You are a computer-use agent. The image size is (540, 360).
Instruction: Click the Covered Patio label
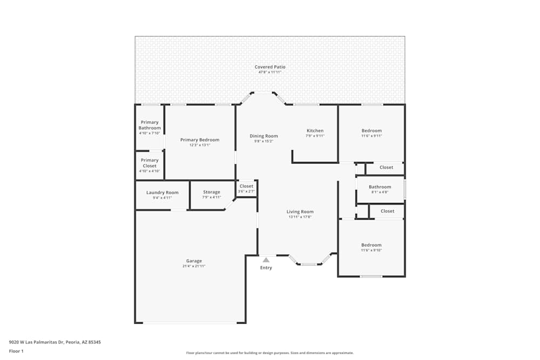[x=270, y=67]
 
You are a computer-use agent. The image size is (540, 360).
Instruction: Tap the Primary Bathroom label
[x=150, y=125]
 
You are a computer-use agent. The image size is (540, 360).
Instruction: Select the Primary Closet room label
[x=150, y=163]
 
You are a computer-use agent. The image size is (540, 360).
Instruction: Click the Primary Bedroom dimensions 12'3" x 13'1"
[x=200, y=145]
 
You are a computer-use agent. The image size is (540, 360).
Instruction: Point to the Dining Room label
[x=264, y=136]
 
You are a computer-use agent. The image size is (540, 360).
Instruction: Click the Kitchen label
[x=315, y=131]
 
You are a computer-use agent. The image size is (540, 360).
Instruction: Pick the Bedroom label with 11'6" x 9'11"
[x=372, y=131]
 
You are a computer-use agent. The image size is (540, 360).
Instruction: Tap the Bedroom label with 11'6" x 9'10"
[x=372, y=245]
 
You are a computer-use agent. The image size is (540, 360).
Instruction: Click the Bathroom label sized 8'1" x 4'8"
[x=380, y=187]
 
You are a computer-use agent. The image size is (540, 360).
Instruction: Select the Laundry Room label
[x=162, y=193]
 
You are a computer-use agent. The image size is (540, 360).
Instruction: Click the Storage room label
[x=212, y=192]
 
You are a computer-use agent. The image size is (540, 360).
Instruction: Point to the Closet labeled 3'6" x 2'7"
[x=246, y=186]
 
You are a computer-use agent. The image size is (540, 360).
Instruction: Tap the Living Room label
[x=300, y=212]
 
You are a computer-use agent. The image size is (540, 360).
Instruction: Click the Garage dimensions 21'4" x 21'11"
[x=194, y=266]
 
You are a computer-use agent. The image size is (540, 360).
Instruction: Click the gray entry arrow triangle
[x=266, y=260]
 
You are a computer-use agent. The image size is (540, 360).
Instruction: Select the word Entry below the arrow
[x=266, y=268]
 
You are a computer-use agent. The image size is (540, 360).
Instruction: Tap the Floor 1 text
[x=16, y=351]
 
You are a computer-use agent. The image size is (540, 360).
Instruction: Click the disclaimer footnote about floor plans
[x=270, y=352]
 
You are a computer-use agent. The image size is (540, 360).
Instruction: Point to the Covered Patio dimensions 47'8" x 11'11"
[x=270, y=72]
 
